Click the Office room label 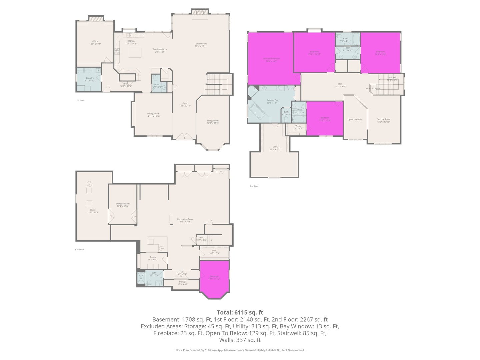(95, 42)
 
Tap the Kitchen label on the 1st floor (131, 42)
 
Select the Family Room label (201, 45)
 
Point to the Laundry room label (90, 79)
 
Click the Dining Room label (153, 115)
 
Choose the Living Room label (213, 122)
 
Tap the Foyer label (185, 104)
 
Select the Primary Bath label (273, 101)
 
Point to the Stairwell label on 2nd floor (392, 79)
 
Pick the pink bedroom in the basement (214, 278)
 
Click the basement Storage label (183, 283)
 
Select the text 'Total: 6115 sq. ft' (240, 312)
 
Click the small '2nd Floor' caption (254, 186)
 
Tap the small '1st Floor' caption (80, 100)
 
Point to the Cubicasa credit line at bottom (240, 350)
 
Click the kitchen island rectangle (135, 52)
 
